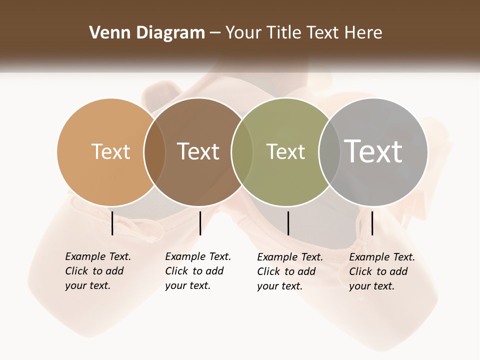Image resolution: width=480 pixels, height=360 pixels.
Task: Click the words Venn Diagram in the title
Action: point(147,33)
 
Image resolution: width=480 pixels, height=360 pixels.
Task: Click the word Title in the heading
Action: point(283,33)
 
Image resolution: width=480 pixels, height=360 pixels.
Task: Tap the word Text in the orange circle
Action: point(110,151)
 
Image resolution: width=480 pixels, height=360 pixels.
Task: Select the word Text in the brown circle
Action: point(198,151)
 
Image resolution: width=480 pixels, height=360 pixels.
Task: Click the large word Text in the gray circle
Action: point(373,151)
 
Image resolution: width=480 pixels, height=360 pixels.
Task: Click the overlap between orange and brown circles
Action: point(154,152)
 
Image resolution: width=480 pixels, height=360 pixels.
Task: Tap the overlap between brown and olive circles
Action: point(242,152)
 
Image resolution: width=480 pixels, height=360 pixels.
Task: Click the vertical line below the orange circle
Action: point(112,223)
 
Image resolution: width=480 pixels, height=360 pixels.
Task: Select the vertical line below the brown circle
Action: point(200,223)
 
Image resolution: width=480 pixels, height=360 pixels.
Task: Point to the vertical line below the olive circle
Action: point(288,223)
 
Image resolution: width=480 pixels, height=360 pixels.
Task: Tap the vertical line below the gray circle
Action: point(372,223)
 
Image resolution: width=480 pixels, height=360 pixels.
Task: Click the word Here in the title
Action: point(363,33)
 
